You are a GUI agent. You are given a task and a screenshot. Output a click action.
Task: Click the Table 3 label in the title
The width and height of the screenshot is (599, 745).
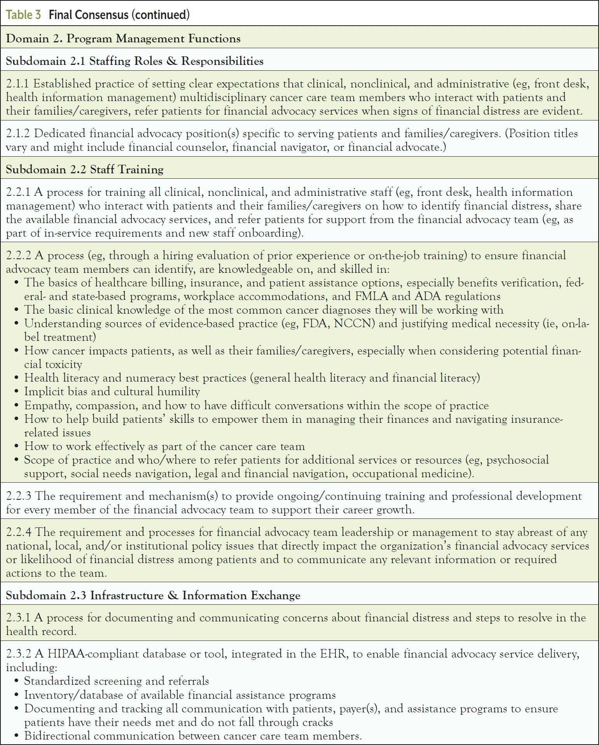tap(23, 15)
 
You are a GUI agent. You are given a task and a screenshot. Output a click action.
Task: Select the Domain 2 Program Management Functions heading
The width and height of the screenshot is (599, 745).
tap(123, 38)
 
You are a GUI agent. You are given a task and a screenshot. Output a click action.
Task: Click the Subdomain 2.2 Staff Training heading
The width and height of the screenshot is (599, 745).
tap(84, 169)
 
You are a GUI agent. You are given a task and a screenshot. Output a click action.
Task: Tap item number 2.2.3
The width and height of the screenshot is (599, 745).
tap(18, 496)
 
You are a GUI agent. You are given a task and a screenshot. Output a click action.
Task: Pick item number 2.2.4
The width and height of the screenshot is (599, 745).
tap(19, 532)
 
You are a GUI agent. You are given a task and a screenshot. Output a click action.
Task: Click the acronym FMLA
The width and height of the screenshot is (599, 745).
tap(372, 297)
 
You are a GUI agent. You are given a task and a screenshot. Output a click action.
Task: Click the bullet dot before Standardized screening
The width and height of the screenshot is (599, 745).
tap(16, 682)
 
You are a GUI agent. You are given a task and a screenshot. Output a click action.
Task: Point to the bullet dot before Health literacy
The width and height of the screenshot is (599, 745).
tap(16, 379)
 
